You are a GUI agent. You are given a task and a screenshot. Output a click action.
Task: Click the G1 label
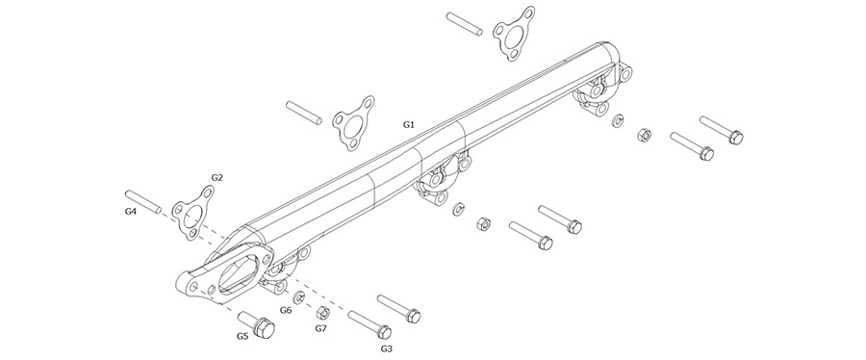point(408,125)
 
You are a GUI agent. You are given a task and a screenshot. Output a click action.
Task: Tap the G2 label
point(217,178)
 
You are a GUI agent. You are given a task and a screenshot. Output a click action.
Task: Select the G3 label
point(387,349)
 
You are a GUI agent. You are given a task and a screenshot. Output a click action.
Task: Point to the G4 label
point(130,211)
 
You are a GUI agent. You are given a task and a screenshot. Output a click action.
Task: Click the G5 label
point(243,336)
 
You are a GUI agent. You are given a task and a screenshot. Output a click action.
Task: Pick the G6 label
point(286,310)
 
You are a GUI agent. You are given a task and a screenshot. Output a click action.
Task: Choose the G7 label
point(321,328)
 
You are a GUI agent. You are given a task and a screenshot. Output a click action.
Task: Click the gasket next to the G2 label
point(192,213)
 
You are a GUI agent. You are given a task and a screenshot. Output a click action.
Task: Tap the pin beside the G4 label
point(143,201)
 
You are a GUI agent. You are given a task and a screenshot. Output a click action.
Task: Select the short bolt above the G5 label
point(257,325)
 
